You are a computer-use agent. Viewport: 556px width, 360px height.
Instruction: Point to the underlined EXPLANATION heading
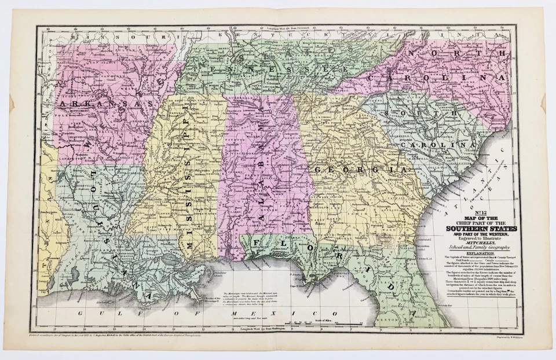coord(474,253)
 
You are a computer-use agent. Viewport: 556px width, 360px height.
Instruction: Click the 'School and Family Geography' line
coord(474,247)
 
